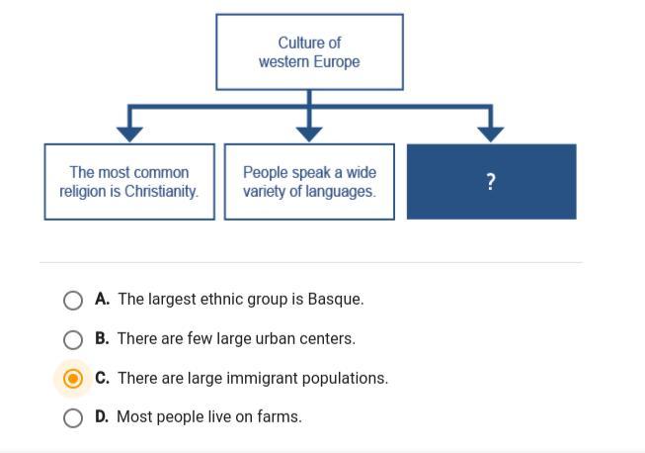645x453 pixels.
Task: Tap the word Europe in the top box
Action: pyautogui.click(x=337, y=61)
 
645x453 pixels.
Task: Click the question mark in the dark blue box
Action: pyautogui.click(x=490, y=182)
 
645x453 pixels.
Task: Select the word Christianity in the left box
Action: pyautogui.click(x=161, y=191)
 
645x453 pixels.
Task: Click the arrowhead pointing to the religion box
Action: pyautogui.click(x=129, y=135)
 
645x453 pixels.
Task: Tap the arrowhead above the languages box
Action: pyautogui.click(x=309, y=135)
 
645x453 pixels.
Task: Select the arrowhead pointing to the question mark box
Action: pyautogui.click(x=490, y=135)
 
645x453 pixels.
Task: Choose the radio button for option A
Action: pyautogui.click(x=73, y=301)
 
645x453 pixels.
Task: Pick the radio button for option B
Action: pyautogui.click(x=73, y=340)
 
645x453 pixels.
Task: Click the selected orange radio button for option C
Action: pyautogui.click(x=73, y=379)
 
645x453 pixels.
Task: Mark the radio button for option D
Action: pyautogui.click(x=73, y=418)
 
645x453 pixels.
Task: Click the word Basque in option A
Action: pyautogui.click(x=335, y=299)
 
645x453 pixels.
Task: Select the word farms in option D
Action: pyautogui.click(x=280, y=416)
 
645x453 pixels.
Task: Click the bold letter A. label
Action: pyautogui.click(x=102, y=299)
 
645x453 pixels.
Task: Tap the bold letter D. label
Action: pyautogui.click(x=102, y=416)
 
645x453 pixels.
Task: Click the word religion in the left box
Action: pyautogui.click(x=84, y=192)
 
